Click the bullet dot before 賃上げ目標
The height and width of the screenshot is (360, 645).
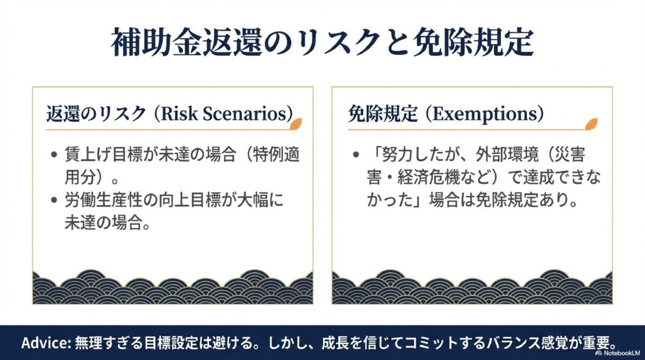pyautogui.click(x=54, y=155)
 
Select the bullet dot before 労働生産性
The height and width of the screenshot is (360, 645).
pyautogui.click(x=54, y=200)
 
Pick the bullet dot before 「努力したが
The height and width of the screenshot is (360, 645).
pyautogui.click(x=356, y=155)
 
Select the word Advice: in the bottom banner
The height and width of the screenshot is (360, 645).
pyautogui.click(x=42, y=343)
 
